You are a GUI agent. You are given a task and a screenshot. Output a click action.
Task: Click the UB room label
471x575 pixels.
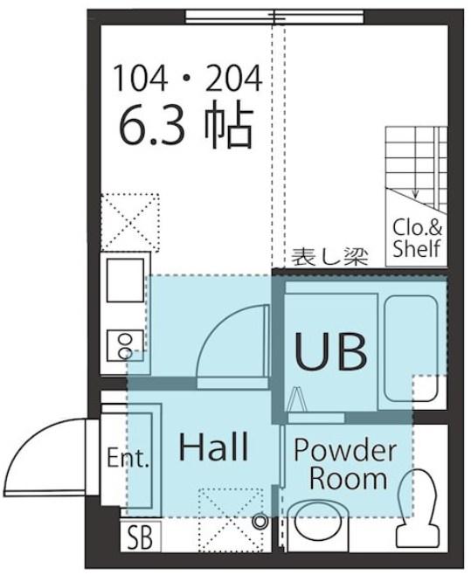pos(331,351)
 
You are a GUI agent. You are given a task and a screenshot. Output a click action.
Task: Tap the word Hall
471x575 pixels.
pos(213,447)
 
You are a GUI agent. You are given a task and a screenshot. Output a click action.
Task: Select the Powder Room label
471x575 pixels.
pos(345,464)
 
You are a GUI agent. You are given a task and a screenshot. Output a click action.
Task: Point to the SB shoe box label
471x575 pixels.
pos(140,537)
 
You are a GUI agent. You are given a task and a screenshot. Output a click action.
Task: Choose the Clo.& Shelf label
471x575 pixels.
pos(417,239)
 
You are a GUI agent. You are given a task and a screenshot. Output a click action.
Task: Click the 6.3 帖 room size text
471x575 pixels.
pos(186,127)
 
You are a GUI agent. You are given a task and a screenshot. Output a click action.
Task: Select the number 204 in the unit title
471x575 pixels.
pos(234,78)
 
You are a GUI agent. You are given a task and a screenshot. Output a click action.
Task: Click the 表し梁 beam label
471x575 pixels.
pos(329,256)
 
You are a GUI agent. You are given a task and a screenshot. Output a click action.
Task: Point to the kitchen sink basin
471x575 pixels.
pos(125,281)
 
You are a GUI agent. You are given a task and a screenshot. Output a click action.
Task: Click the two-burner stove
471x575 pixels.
pos(125,346)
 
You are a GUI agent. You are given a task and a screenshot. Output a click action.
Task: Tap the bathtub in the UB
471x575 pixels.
pos(411,347)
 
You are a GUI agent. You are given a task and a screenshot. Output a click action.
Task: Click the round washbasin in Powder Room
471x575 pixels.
pos(318,524)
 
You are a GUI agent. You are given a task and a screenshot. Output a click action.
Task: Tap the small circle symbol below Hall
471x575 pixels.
pos(260,521)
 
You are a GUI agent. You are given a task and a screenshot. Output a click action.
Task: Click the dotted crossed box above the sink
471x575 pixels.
pos(130,223)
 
